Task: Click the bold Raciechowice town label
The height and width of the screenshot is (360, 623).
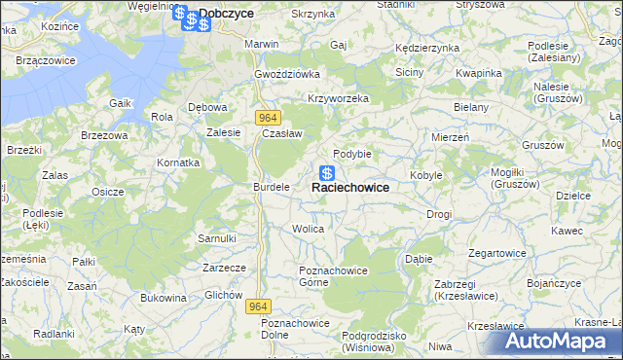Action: [x=350, y=188]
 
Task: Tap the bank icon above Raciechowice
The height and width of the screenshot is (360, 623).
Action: [x=328, y=173]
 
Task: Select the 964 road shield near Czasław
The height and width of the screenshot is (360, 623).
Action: [x=270, y=117]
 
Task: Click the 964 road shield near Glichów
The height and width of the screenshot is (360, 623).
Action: [x=256, y=306]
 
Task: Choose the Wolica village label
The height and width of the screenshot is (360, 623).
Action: [x=308, y=229]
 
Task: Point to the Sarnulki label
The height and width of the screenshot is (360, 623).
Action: [x=217, y=237]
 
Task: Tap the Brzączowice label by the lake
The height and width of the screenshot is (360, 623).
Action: [x=47, y=60]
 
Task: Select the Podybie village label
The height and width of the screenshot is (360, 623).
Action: [x=352, y=154]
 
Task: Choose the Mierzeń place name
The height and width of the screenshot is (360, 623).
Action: [x=450, y=138]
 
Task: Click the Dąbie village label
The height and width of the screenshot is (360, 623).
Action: [x=419, y=259]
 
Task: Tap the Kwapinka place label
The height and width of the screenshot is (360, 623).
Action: [x=478, y=73]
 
